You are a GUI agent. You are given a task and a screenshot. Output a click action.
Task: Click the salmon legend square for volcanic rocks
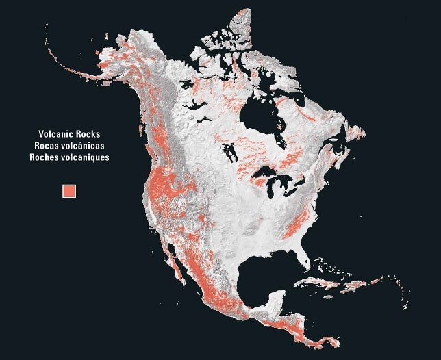pyautogui.click(x=69, y=190)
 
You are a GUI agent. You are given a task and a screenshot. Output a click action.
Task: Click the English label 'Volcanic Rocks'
pyautogui.click(x=70, y=134)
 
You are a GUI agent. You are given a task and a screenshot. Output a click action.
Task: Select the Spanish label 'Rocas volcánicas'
pyautogui.click(x=70, y=146)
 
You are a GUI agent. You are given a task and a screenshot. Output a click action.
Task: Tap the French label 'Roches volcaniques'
pyautogui.click(x=70, y=157)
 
